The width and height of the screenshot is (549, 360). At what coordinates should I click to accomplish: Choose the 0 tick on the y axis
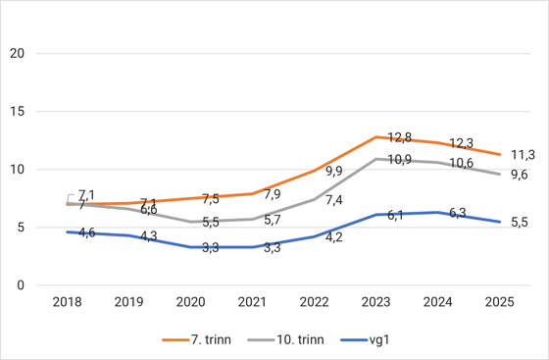tap(19, 285)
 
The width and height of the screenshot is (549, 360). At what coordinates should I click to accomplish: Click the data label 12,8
tap(399, 137)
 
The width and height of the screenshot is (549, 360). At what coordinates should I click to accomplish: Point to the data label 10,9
tap(399, 159)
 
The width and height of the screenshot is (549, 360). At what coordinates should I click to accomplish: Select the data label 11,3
tap(523, 154)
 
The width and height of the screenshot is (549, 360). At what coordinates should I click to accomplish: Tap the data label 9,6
tap(520, 175)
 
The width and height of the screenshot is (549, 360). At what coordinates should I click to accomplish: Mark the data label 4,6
tap(86, 232)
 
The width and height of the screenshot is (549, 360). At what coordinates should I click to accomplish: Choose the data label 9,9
tap(333, 172)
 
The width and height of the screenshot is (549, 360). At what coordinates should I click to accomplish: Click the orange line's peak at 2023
tap(375, 136)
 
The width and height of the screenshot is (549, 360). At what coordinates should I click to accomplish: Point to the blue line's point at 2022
tap(314, 236)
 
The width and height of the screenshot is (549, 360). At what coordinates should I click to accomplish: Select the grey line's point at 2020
tap(190, 222)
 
